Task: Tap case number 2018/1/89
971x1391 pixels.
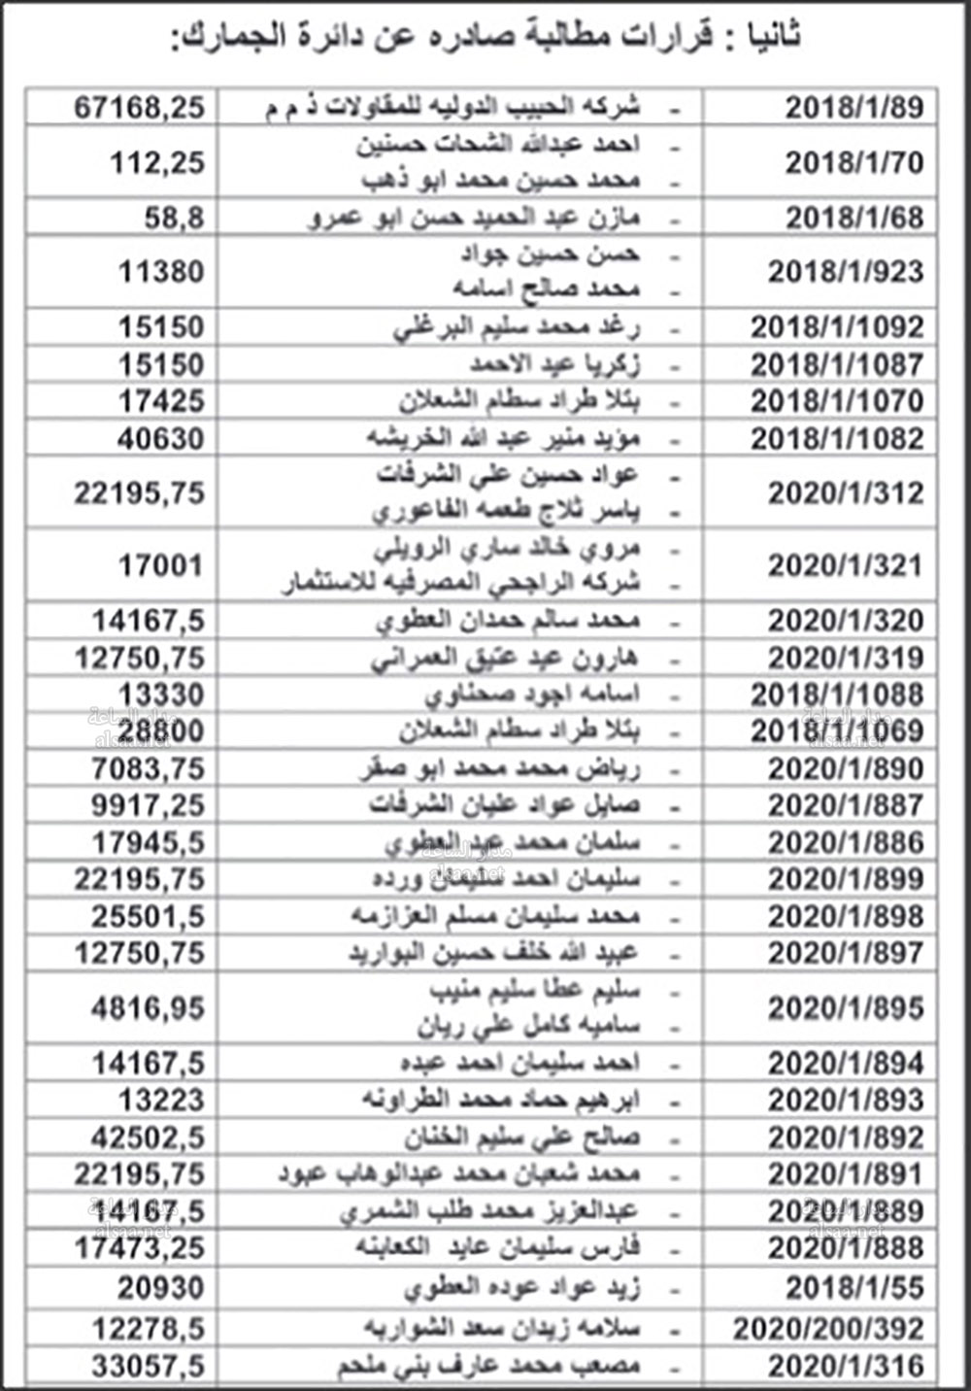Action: [854, 106]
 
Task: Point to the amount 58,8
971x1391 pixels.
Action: [175, 218]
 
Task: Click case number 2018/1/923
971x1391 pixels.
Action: [846, 272]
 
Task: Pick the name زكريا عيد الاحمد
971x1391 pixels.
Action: [554, 365]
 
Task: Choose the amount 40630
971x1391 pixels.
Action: [161, 438]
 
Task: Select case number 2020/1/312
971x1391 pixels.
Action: [846, 493]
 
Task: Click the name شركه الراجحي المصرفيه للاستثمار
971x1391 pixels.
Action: [461, 584]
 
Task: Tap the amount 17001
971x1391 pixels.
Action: [161, 565]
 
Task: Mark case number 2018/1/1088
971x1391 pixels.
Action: [837, 695]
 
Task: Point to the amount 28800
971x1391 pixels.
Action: [161, 730]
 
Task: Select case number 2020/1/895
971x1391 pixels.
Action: [846, 1008]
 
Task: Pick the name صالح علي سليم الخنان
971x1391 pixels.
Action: [522, 1137]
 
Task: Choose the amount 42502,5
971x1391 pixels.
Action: [149, 1137]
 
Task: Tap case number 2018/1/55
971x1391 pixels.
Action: [854, 1288]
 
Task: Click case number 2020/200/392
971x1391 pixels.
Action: [828, 1328]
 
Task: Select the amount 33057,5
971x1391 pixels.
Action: [149, 1366]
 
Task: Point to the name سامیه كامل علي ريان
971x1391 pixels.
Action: [529, 1027]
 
